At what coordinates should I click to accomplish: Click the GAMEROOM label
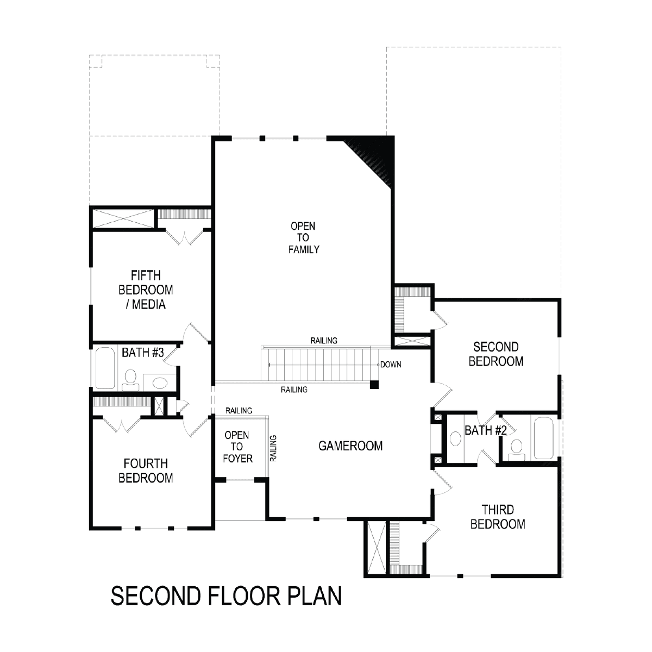coord(350,446)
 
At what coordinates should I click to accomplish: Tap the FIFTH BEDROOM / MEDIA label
coord(146,290)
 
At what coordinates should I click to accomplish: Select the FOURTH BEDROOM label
coord(146,471)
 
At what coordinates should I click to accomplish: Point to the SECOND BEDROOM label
coord(496,354)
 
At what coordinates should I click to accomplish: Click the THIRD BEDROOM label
coord(498,517)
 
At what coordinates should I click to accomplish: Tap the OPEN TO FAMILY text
coord(304,237)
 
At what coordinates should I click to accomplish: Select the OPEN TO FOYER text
coord(237,447)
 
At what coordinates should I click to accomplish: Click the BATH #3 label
coord(143,353)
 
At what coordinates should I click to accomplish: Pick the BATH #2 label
coord(486,430)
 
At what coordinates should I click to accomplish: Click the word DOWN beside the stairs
coord(391,365)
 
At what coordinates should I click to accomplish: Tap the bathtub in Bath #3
coord(104,368)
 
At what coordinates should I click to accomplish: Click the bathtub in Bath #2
coord(544,438)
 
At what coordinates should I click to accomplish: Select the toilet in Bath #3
coord(130,380)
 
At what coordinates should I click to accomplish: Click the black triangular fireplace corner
coord(375,155)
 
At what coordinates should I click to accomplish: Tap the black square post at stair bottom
coord(374,385)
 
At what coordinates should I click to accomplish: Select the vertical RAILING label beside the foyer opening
coord(273,448)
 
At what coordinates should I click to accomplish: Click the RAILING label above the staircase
coord(324,341)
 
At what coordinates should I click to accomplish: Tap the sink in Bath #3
coord(160,383)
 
